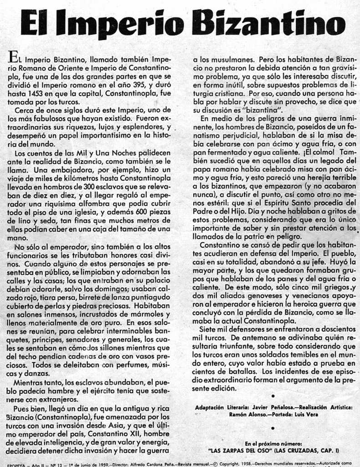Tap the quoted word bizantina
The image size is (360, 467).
[260, 111]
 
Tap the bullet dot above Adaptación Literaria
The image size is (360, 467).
[273, 396]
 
